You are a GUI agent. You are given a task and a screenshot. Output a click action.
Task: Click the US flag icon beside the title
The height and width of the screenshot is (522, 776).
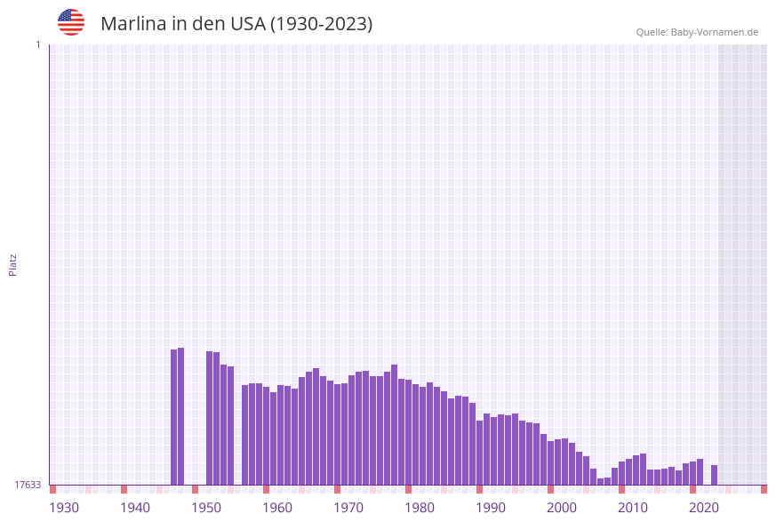[71, 22]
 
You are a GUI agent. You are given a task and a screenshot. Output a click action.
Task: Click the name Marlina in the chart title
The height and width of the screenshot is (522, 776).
[134, 24]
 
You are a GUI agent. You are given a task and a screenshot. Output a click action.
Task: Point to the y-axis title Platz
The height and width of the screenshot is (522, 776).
[13, 264]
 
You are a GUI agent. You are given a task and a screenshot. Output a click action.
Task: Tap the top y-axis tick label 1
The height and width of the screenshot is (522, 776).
[38, 44]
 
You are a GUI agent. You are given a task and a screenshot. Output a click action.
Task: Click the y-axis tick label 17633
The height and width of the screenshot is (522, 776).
[28, 485]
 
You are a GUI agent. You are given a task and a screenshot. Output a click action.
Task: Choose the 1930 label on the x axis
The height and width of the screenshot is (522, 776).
[64, 508]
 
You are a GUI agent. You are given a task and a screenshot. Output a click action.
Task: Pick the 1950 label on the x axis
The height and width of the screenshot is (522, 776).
[206, 508]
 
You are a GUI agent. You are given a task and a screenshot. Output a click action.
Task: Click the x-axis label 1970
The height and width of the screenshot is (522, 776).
[348, 508]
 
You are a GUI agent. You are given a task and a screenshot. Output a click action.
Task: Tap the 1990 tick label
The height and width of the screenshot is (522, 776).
[491, 508]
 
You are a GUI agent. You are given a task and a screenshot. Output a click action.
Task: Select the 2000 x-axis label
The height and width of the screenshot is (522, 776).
[562, 508]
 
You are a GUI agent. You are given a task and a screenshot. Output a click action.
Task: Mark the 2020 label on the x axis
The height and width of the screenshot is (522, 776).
[704, 508]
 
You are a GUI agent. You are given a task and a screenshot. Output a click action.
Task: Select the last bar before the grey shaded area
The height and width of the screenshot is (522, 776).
[714, 475]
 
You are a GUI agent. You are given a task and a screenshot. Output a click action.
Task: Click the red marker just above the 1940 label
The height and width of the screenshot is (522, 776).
[124, 489]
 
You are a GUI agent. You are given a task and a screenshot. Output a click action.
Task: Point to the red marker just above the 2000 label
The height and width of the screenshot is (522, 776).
[550, 489]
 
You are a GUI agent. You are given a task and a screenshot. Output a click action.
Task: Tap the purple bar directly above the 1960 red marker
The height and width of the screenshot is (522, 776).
[266, 436]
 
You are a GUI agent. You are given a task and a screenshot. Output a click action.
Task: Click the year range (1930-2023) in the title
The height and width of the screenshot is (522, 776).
[321, 24]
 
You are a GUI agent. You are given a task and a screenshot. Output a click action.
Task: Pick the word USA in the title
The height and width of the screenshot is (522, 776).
[247, 24]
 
